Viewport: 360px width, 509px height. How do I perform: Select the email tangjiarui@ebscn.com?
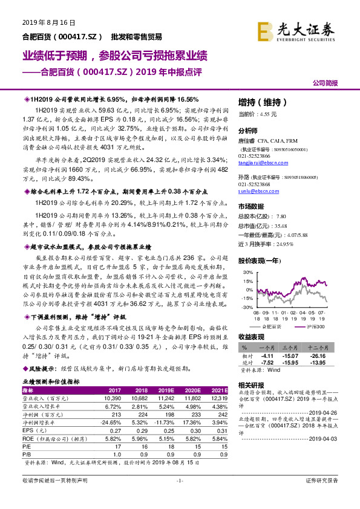click(267, 162)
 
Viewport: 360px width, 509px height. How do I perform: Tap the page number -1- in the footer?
click(179, 497)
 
